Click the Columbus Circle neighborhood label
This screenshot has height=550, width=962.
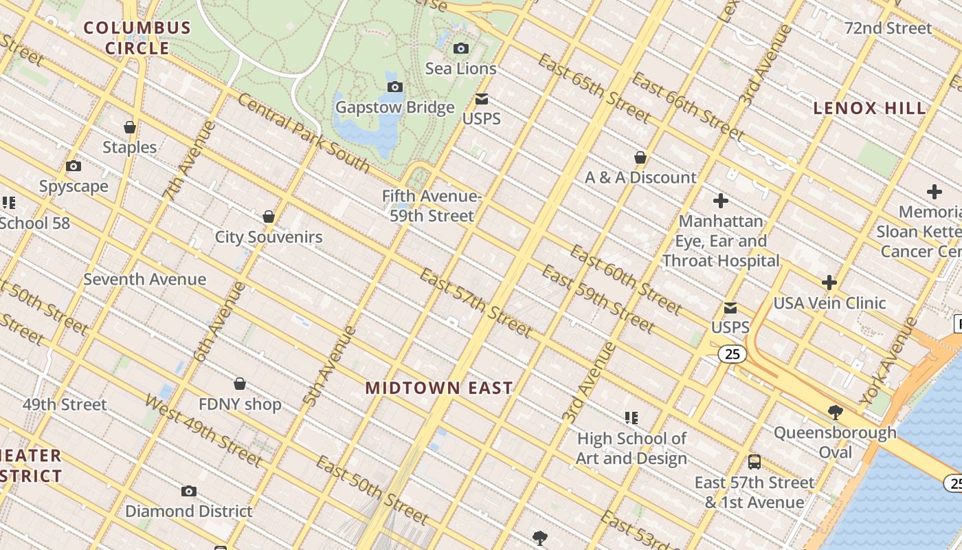point(137,38)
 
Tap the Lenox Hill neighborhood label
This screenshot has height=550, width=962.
point(869,108)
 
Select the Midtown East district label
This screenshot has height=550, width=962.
point(438,388)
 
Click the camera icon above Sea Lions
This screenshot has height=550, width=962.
point(461,48)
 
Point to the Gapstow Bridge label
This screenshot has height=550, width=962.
point(394,107)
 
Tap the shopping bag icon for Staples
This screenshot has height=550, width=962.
point(130,127)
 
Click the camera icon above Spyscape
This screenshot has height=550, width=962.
point(74,166)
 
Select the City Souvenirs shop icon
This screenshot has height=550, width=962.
point(269,217)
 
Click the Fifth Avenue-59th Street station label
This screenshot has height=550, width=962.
point(432,206)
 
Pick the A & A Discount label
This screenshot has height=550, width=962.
point(640,177)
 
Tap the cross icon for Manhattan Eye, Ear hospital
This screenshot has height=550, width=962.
point(720,201)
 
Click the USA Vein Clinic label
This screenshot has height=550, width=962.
point(829,303)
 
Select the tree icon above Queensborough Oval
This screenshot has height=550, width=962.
point(836,412)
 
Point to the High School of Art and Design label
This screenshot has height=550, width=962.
point(631,448)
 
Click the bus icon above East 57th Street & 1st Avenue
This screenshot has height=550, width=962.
point(754,462)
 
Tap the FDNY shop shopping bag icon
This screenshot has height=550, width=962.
point(240,384)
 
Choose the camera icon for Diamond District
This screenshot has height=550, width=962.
point(189,491)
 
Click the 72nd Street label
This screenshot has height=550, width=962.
point(888,28)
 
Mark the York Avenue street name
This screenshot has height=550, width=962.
point(888,362)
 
